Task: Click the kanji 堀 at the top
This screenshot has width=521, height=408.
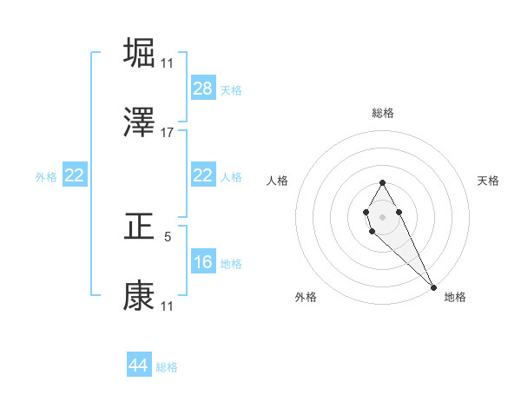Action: click(x=140, y=52)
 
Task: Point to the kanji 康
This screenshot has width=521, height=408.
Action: click(x=140, y=296)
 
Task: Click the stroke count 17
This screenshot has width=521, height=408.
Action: click(x=168, y=133)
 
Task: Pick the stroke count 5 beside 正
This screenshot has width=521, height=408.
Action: click(x=168, y=234)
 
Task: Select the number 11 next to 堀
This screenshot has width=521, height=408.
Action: click(x=168, y=63)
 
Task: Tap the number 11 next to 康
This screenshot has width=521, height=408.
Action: click(x=168, y=306)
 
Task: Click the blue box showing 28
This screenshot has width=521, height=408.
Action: click(x=203, y=89)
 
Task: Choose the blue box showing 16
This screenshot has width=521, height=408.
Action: click(x=203, y=262)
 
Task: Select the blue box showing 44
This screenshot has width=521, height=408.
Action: click(x=139, y=366)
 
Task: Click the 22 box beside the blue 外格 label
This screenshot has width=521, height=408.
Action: click(x=75, y=176)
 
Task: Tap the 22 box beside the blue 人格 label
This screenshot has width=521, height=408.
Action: click(x=203, y=176)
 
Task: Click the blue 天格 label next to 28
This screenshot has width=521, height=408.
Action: click(x=231, y=90)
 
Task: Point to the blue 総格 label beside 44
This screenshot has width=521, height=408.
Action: click(x=167, y=367)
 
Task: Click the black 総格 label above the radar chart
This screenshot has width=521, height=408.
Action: click(x=383, y=113)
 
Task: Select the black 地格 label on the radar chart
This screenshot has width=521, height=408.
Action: click(x=455, y=297)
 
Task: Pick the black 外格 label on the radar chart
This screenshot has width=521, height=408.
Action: click(x=307, y=297)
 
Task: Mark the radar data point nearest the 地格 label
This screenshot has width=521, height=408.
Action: click(x=433, y=286)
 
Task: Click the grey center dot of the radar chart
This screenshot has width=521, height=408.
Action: click(x=382, y=215)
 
